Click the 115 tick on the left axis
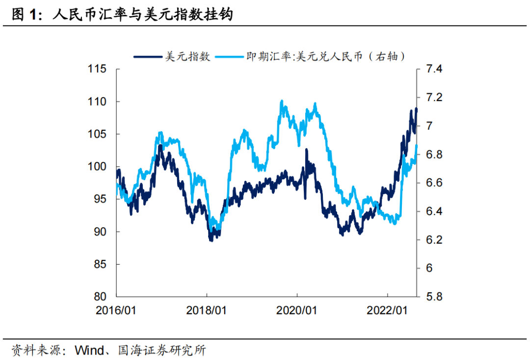tap(98, 69)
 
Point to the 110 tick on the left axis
tap(98, 102)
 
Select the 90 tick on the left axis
tap(101, 232)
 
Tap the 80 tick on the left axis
tap(101, 297)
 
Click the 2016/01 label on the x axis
tap(116, 310)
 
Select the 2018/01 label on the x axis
tap(207, 310)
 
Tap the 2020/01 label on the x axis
tap(297, 310)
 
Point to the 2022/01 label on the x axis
tap(388, 310)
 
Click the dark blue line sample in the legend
tap(147, 56)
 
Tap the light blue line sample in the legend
tap(229, 56)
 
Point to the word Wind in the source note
tap(89, 351)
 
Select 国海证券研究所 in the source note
tap(162, 351)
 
